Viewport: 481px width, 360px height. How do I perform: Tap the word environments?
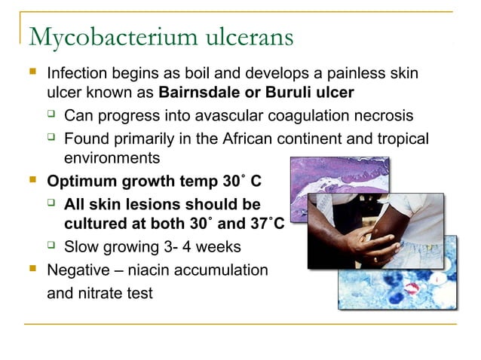(x=112, y=158)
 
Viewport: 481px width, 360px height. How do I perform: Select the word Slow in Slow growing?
(x=81, y=247)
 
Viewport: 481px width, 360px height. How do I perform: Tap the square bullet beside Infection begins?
(x=31, y=75)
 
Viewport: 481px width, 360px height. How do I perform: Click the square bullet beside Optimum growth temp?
(x=31, y=181)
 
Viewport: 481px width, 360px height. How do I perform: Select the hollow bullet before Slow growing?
(x=51, y=246)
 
